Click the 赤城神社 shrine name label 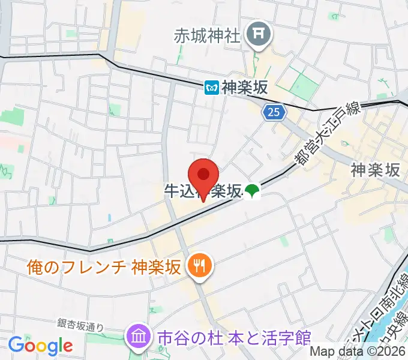[207, 35]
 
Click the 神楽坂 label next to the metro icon [244, 88]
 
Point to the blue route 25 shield [274, 112]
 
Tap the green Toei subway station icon [252, 191]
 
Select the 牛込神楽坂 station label [204, 191]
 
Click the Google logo [40, 346]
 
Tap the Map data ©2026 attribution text [358, 351]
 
